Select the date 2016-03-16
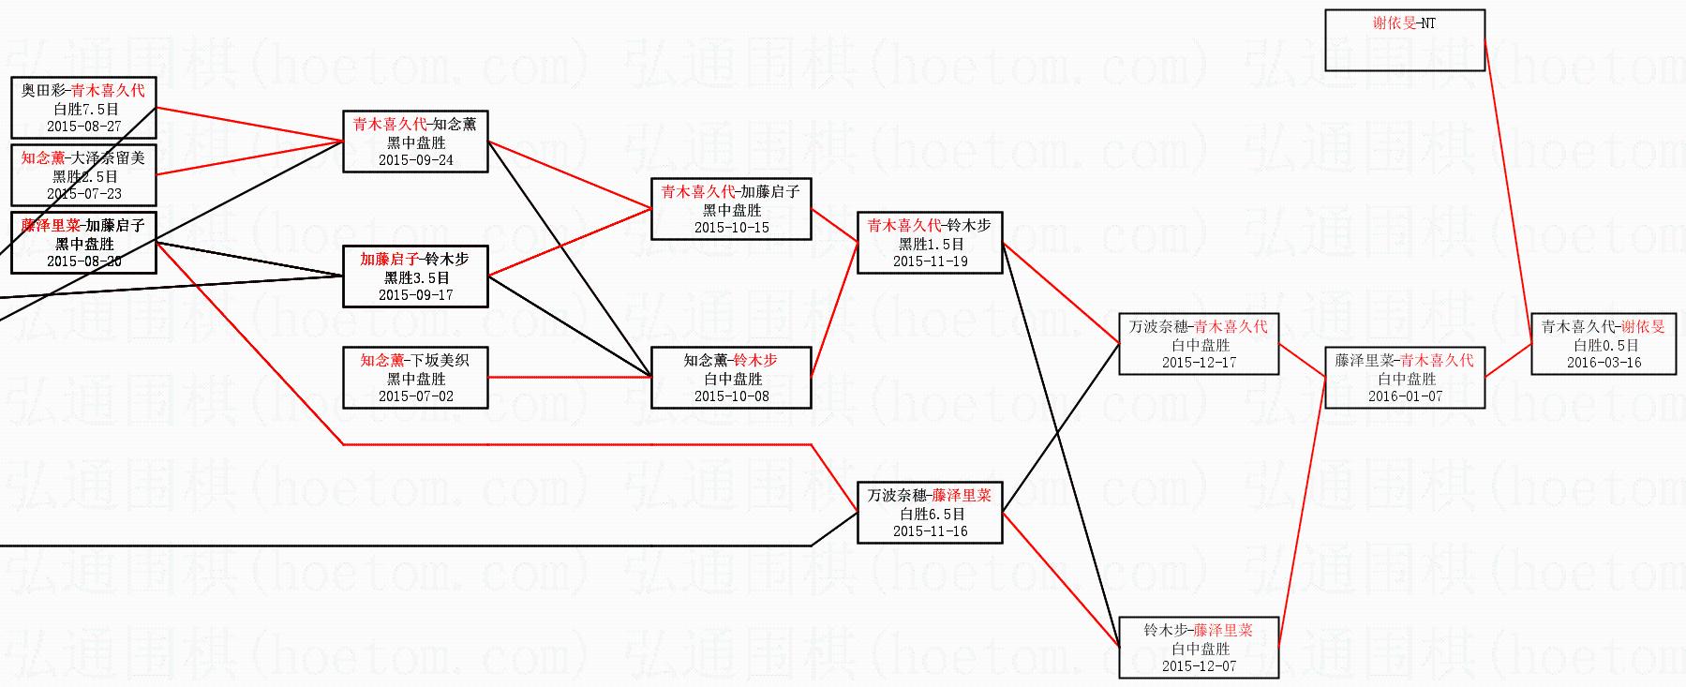[x=1604, y=363]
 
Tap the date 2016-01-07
[x=1405, y=396]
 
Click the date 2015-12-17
[x=1199, y=363]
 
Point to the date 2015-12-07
[x=1199, y=666]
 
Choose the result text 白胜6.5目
[x=931, y=515]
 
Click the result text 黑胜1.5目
[x=931, y=244]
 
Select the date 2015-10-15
[x=731, y=228]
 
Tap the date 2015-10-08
[x=731, y=396]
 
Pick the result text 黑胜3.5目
[x=416, y=278]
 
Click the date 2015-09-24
[x=415, y=160]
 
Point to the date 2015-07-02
[x=415, y=396]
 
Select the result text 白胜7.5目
[x=84, y=110]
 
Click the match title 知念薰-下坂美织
[x=415, y=361]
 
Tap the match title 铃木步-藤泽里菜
[x=1199, y=631]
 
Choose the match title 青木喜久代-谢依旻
[x=1604, y=327]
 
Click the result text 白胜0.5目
[x=1604, y=346]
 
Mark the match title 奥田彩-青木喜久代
[x=84, y=91]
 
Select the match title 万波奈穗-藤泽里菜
[x=929, y=496]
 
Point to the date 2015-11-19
[x=930, y=261]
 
